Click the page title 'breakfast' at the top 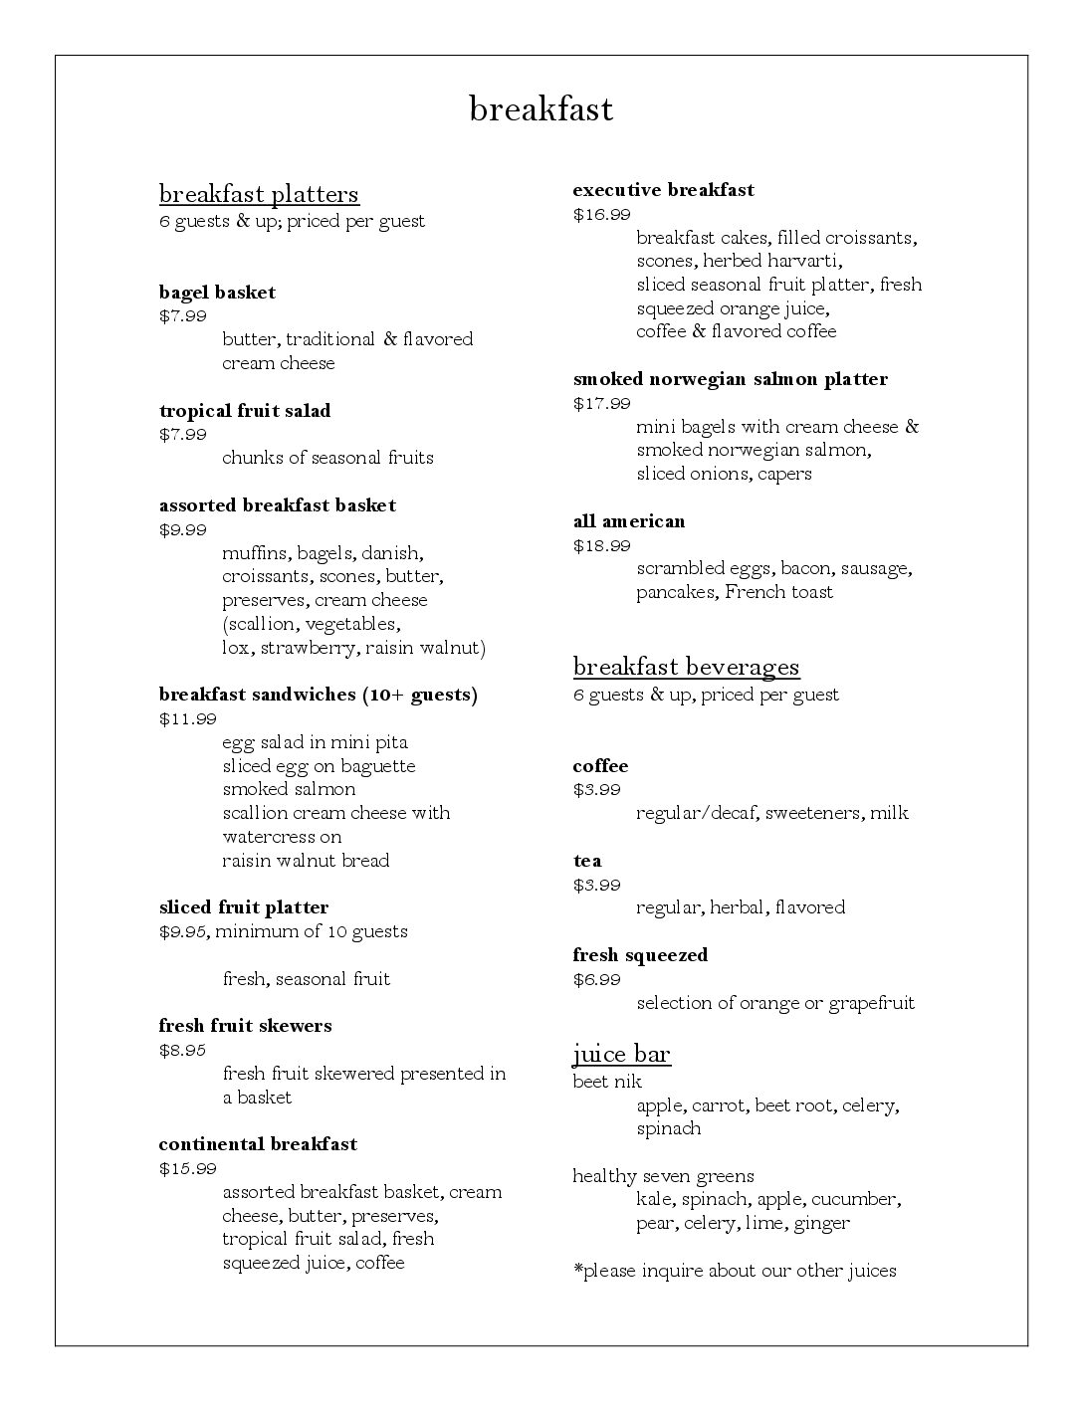tap(541, 108)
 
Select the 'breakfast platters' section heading tap(259, 193)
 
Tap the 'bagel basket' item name tap(217, 293)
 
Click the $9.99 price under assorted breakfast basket tap(183, 529)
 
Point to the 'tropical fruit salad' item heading tap(245, 411)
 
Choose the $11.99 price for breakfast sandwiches tap(187, 718)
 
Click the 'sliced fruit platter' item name tap(243, 907)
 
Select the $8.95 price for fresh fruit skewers tap(183, 1050)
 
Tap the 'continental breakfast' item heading tap(258, 1144)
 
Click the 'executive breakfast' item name tap(663, 190)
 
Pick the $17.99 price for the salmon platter tap(601, 403)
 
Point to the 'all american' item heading tap(629, 521)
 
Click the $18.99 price tap(601, 545)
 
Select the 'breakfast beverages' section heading tap(686, 667)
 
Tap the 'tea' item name tap(587, 861)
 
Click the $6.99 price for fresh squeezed tap(596, 979)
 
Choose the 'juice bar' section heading tap(621, 1054)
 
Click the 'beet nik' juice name tap(607, 1082)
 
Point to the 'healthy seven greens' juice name tap(663, 1176)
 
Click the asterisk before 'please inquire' tap(577, 1269)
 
